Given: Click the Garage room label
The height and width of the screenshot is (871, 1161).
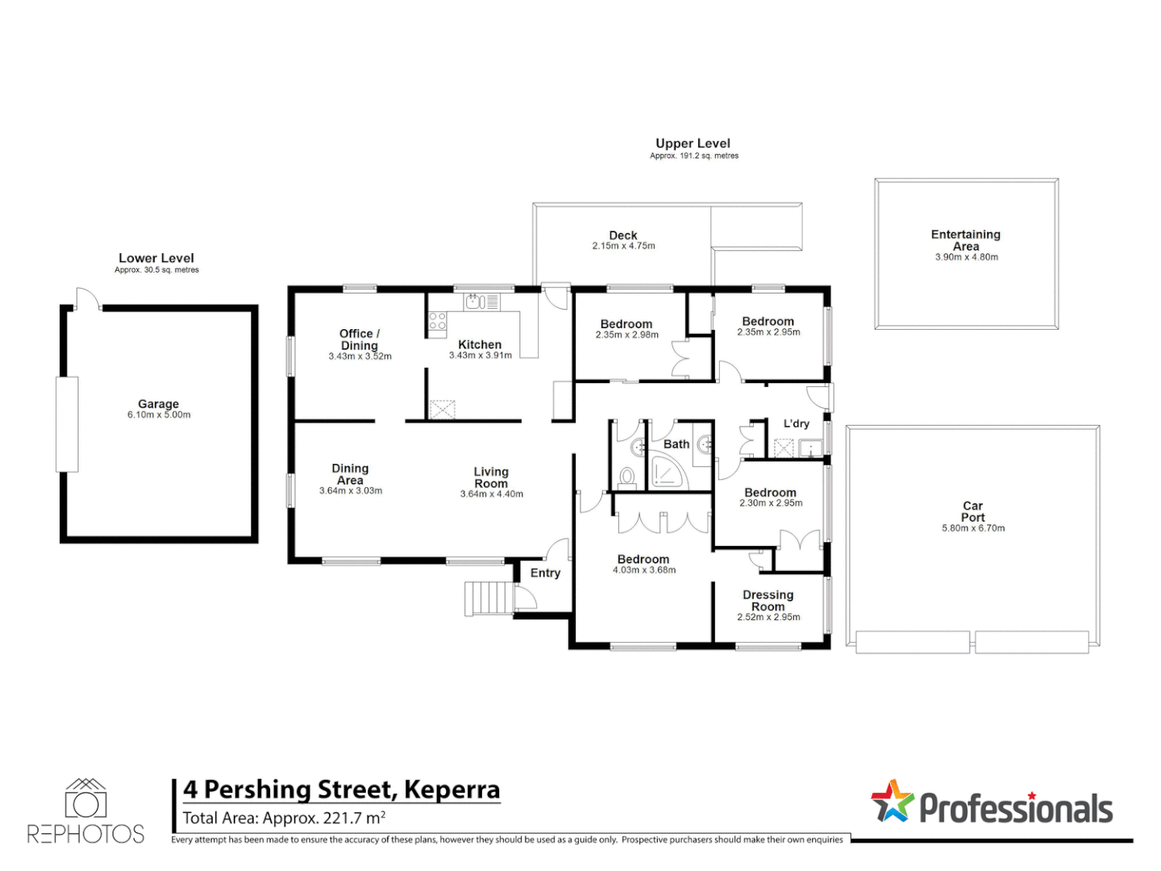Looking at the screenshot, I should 158,404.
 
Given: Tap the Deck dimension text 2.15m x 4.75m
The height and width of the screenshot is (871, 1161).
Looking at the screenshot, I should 623,246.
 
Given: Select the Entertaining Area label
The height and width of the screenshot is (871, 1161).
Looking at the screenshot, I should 966,240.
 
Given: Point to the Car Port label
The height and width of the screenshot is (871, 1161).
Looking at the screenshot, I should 972,511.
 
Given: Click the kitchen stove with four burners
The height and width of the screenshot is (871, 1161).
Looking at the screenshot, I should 437,321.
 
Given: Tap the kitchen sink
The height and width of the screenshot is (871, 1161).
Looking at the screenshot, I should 474,302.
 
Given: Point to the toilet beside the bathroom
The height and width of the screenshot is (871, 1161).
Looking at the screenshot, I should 627,477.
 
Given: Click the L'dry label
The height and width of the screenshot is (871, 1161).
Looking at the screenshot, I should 796,423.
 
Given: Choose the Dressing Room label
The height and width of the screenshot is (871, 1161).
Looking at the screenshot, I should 768,601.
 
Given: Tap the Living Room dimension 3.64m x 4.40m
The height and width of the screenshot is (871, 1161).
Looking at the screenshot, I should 491,494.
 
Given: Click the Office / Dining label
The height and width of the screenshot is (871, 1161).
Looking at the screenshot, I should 359,339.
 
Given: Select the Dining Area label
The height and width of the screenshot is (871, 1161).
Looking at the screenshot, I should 350,474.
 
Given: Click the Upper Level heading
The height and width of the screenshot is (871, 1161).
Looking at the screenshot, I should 693,144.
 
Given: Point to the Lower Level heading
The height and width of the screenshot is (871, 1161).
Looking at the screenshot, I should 156,258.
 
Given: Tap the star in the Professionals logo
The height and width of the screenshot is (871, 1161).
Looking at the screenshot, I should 892,802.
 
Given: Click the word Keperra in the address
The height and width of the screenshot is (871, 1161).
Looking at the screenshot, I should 451,790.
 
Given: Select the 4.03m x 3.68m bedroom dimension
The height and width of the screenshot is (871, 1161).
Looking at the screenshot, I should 643,570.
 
